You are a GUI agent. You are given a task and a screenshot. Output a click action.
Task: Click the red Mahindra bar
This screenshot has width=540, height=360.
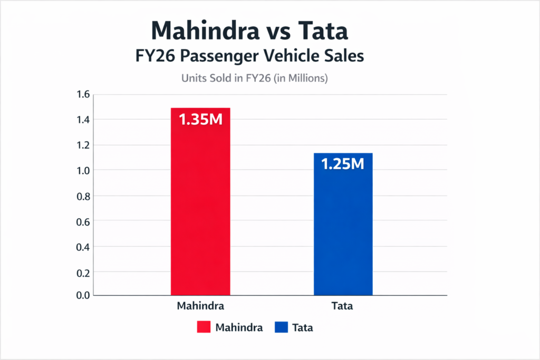(200, 211)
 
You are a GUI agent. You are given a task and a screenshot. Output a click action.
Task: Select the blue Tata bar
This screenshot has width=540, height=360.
(343, 232)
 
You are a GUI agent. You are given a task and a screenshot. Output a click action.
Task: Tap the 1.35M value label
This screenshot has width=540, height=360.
(200, 120)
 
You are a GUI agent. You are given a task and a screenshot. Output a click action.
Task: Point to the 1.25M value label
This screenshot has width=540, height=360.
(343, 164)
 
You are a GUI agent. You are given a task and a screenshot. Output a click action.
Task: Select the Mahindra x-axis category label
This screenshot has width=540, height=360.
(200, 306)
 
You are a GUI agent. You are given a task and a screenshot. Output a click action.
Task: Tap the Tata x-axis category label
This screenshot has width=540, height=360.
(343, 306)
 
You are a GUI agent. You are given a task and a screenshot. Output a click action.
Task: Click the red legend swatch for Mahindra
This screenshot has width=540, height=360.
(204, 328)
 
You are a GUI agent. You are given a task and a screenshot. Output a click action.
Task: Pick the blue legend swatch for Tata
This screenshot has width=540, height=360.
(281, 328)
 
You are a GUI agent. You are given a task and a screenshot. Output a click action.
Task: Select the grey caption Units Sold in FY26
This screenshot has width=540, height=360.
(255, 79)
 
